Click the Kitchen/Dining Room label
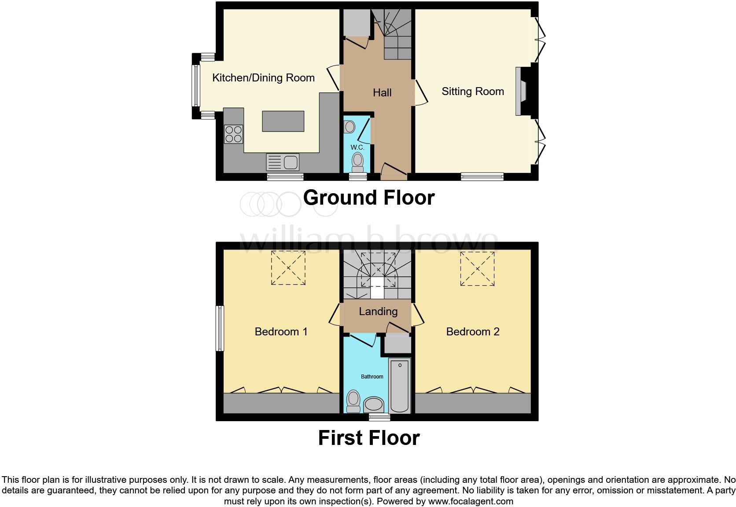[x=263, y=78]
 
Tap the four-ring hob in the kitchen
[x=233, y=134]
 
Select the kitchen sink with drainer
[x=283, y=162]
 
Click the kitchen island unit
[x=283, y=121]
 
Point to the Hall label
[x=382, y=93]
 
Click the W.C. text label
[x=357, y=147]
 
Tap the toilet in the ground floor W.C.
[x=357, y=162]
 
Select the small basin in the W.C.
[x=350, y=127]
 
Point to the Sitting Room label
[x=473, y=92]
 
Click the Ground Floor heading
[x=369, y=198]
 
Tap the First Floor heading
[x=369, y=438]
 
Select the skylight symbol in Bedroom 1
[x=288, y=268]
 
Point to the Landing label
[x=378, y=312]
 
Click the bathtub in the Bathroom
[x=399, y=385]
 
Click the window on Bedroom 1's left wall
[x=220, y=328]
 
